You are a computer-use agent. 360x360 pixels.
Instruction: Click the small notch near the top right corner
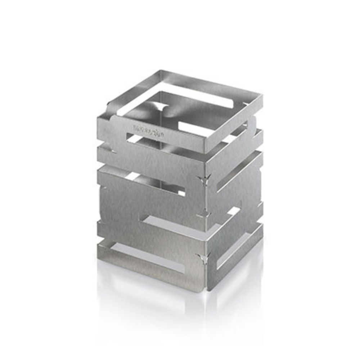click(246, 104)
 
